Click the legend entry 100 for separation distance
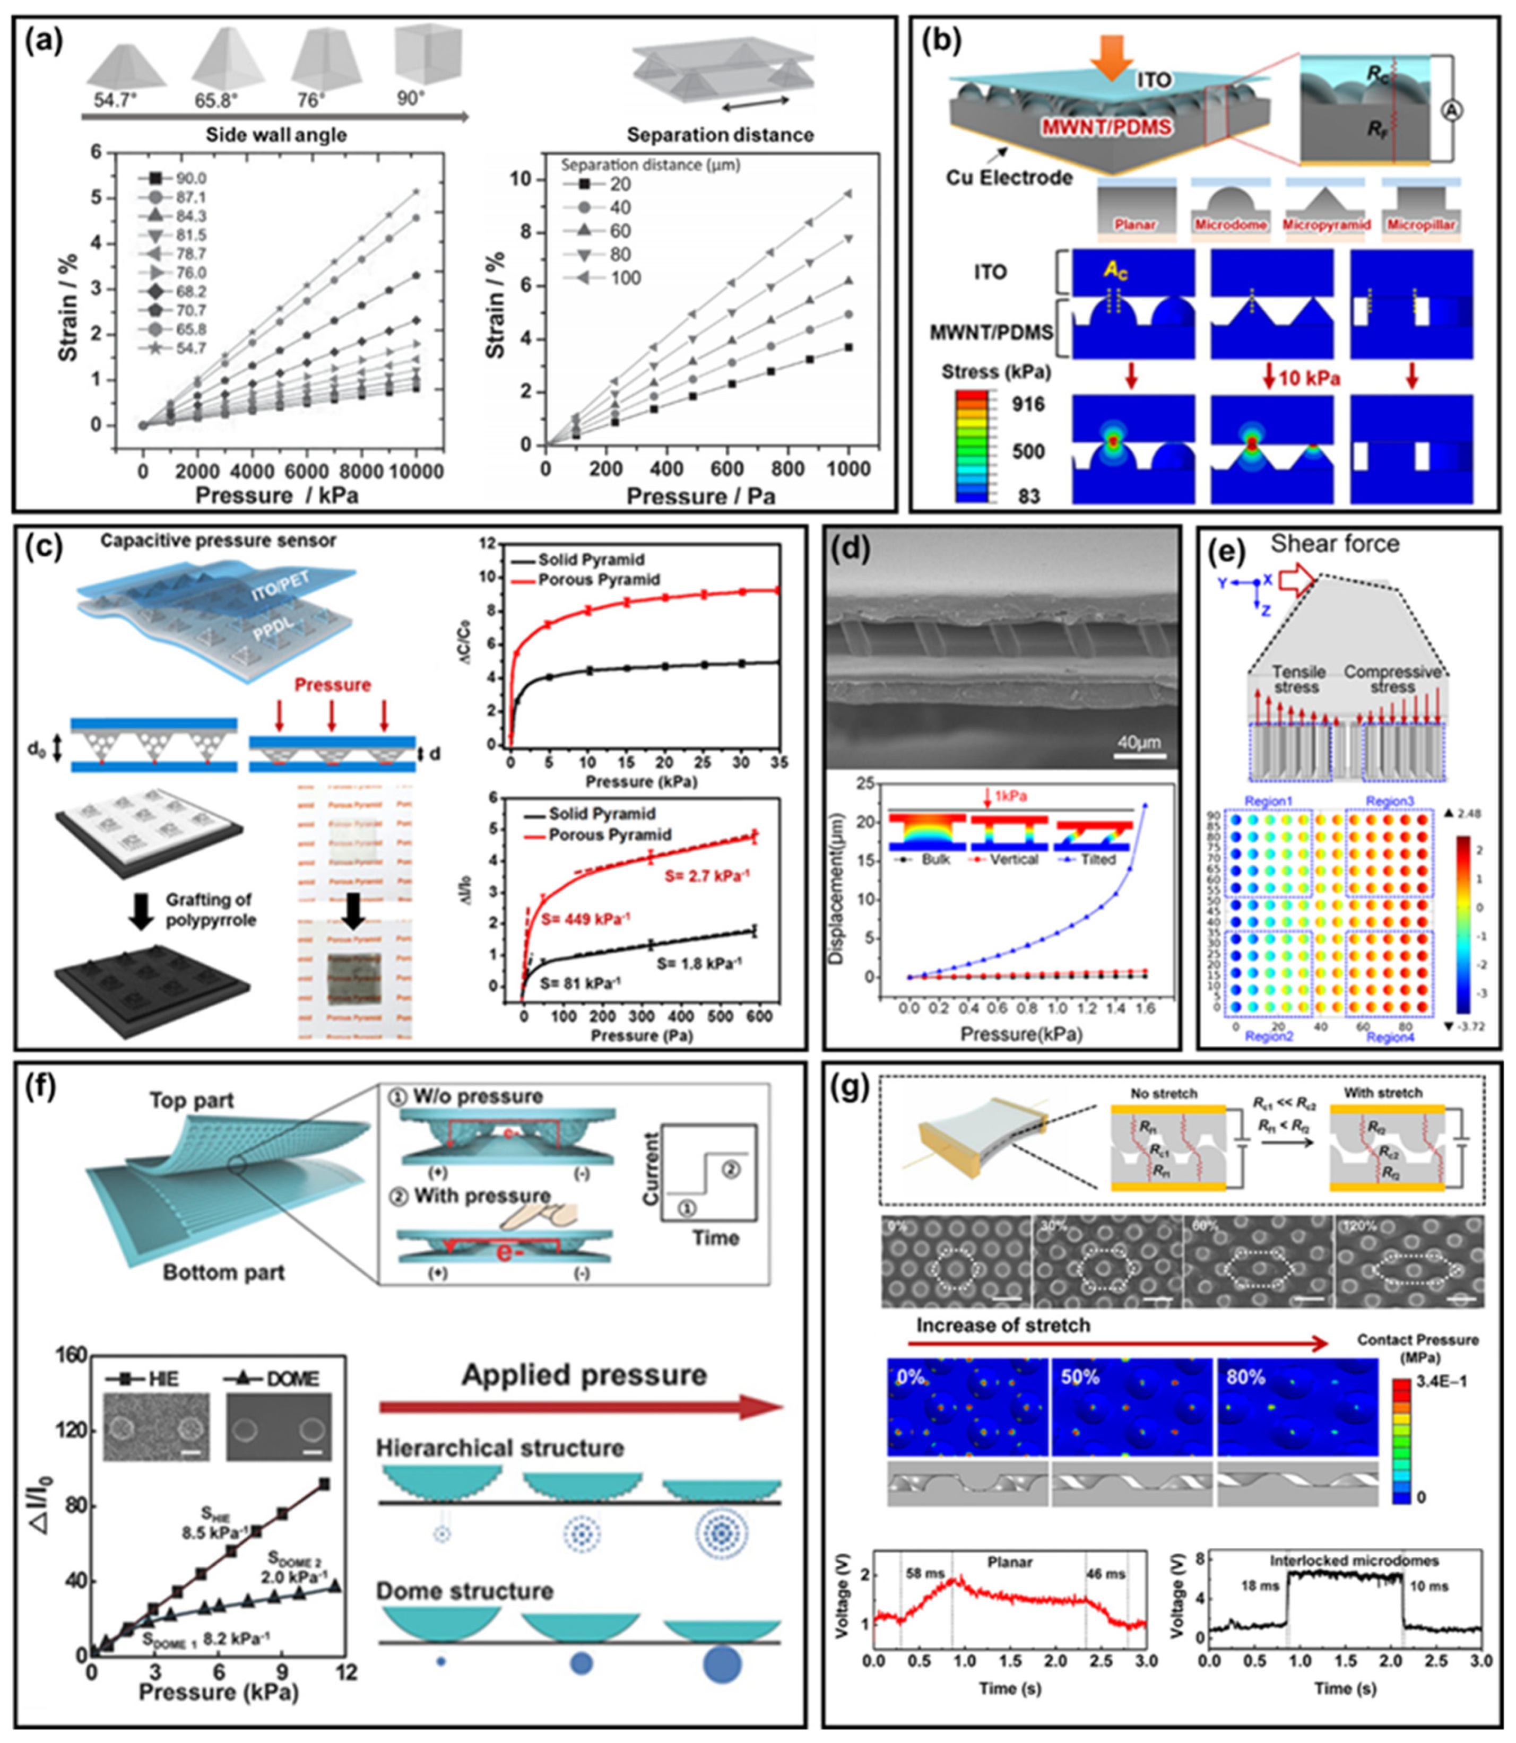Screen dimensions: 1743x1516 (x=625, y=278)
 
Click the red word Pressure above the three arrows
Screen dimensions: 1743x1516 (x=333, y=684)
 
